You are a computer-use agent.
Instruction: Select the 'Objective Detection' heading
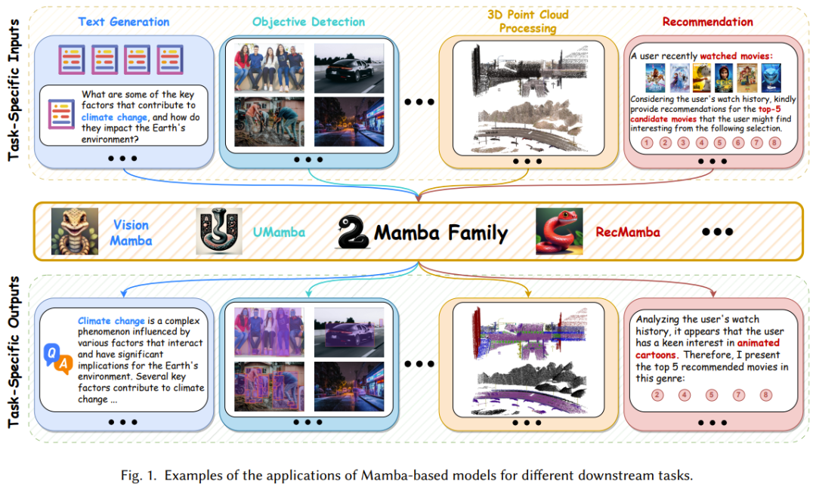[x=309, y=22]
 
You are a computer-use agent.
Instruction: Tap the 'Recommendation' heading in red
[x=707, y=22]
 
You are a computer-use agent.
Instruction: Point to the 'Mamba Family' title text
[x=440, y=233]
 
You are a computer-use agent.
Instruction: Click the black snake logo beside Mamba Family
[x=352, y=233]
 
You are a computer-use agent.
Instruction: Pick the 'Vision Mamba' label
[x=131, y=233]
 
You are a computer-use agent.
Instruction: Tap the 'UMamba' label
[x=279, y=233]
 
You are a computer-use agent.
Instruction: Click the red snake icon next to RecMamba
[x=559, y=232]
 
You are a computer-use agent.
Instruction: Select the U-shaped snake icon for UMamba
[x=219, y=232]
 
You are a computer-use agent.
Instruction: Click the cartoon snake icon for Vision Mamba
[x=75, y=232]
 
